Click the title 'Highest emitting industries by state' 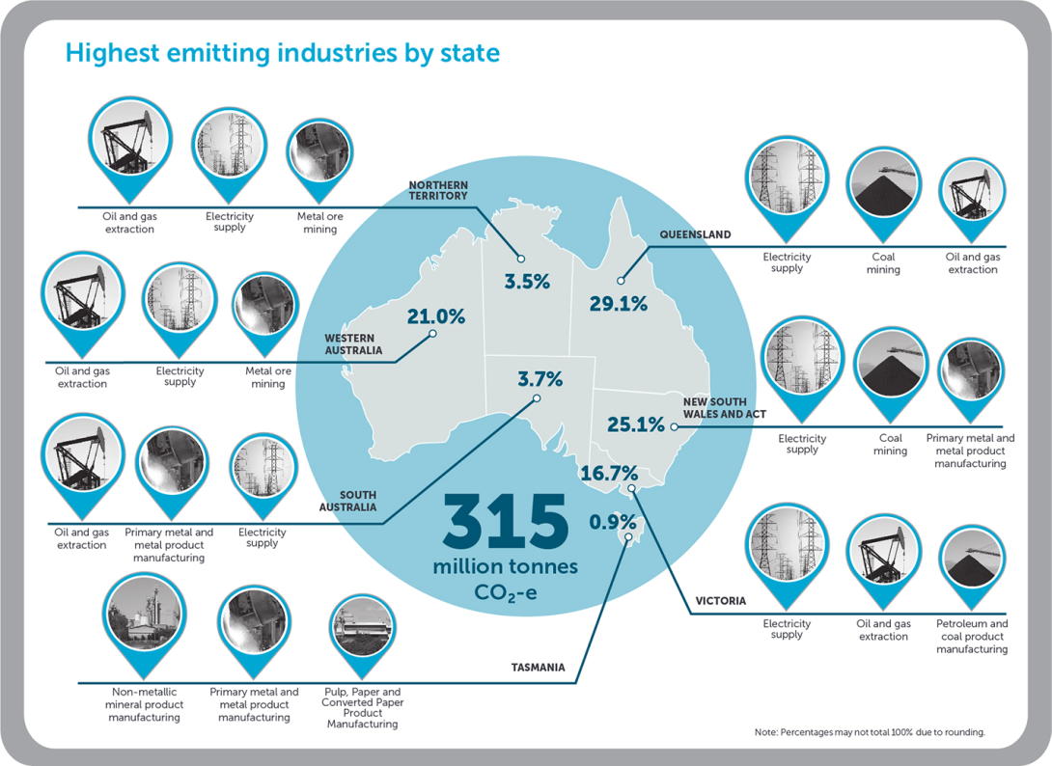282,52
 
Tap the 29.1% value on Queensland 618,303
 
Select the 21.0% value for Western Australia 435,315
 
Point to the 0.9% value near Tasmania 612,523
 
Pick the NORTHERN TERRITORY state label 437,190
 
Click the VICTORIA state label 720,600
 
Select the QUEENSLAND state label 695,234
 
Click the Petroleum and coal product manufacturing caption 972,637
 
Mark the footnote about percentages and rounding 869,732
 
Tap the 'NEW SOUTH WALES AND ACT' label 724,407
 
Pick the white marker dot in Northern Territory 521,259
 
